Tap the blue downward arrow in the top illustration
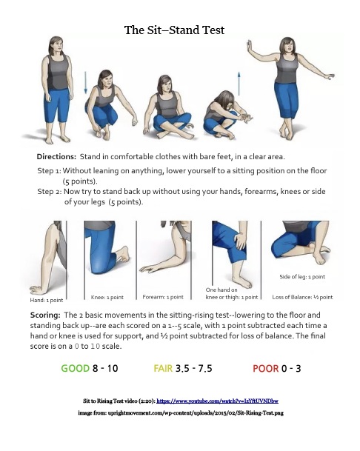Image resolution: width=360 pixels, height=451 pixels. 86,79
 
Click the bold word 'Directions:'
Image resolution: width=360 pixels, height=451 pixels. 56,157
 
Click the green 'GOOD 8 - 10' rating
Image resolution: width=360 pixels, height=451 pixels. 91,367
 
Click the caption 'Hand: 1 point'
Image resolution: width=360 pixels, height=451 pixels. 45,300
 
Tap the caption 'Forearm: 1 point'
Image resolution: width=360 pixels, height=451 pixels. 164,296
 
